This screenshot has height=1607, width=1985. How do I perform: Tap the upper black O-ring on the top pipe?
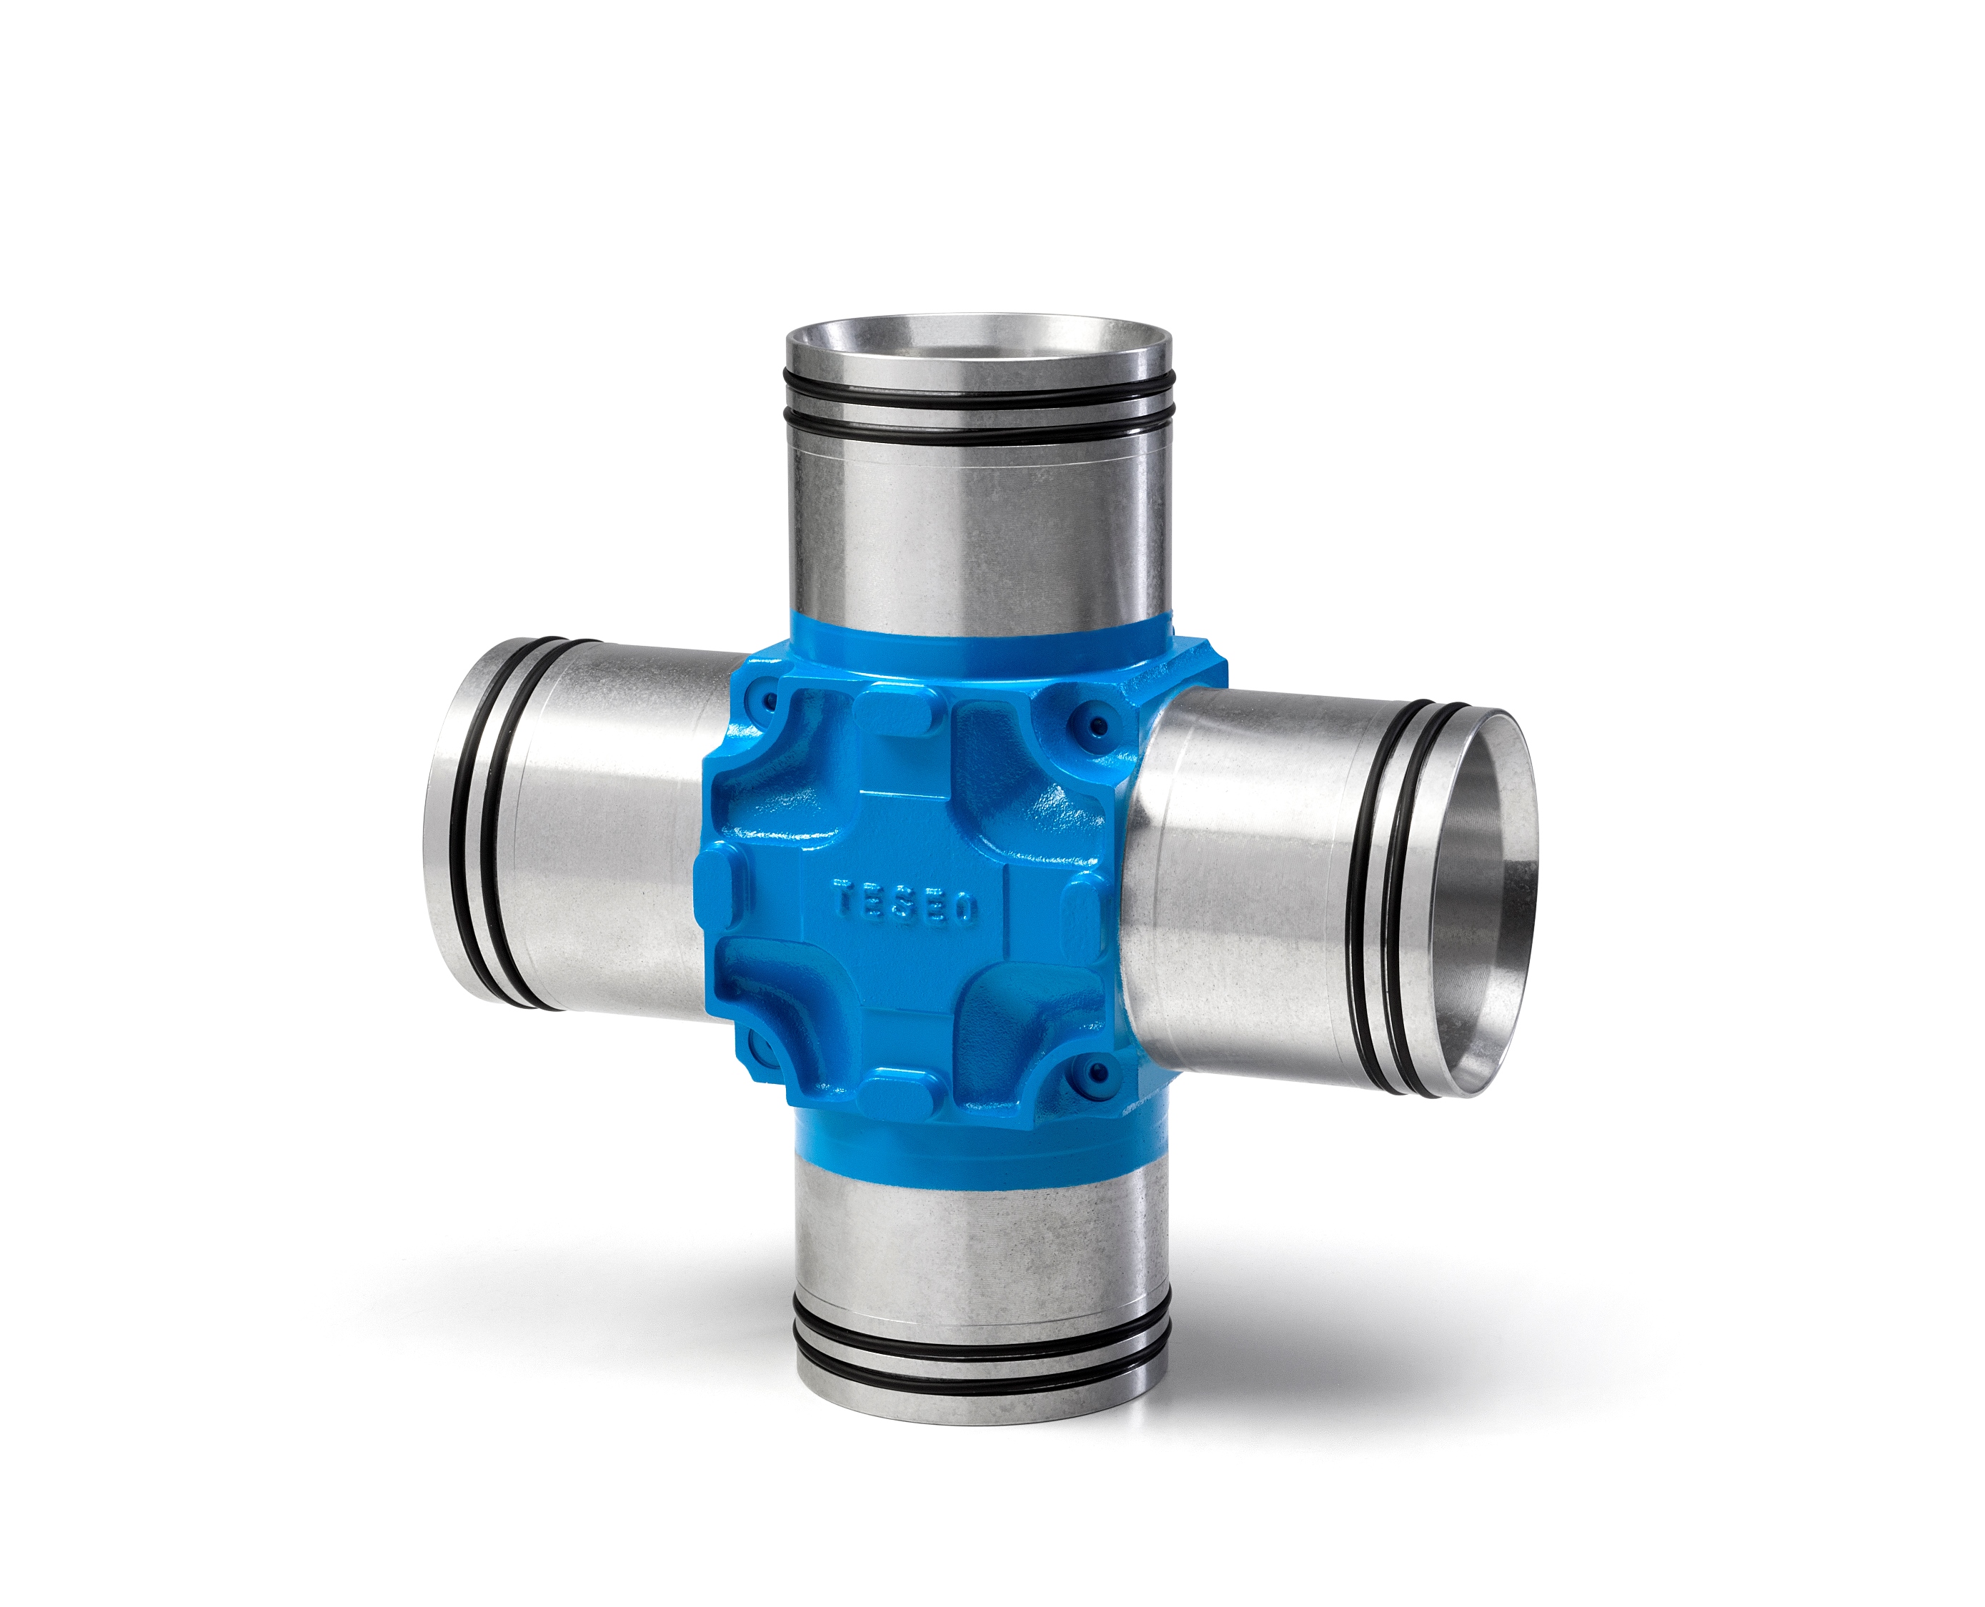[977, 389]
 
